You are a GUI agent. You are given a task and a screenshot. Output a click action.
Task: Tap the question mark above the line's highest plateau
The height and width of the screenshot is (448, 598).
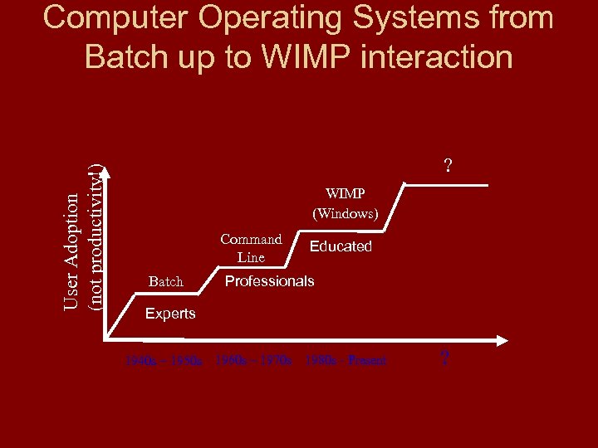click(448, 166)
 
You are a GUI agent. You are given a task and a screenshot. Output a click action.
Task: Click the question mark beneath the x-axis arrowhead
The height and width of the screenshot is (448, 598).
click(444, 358)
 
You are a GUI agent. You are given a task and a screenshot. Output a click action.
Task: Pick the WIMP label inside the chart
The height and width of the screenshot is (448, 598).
click(345, 193)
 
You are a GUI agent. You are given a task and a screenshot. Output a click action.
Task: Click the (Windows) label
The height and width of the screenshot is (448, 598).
click(345, 213)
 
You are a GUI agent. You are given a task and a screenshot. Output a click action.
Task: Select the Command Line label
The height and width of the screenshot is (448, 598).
click(251, 248)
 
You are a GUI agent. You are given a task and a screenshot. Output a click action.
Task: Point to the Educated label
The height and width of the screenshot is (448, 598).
click(341, 246)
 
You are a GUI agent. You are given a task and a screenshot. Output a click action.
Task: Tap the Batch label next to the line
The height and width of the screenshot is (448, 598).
click(165, 282)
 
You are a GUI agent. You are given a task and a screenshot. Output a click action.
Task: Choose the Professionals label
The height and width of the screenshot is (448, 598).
click(269, 281)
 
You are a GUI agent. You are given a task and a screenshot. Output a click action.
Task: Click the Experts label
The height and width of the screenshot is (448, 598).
click(170, 314)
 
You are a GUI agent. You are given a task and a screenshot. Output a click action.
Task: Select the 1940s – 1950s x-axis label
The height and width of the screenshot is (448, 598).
click(164, 361)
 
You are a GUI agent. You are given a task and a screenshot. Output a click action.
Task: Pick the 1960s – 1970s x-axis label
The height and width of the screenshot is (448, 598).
click(253, 361)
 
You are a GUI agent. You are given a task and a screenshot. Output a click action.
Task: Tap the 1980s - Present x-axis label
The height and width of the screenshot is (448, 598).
click(346, 361)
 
